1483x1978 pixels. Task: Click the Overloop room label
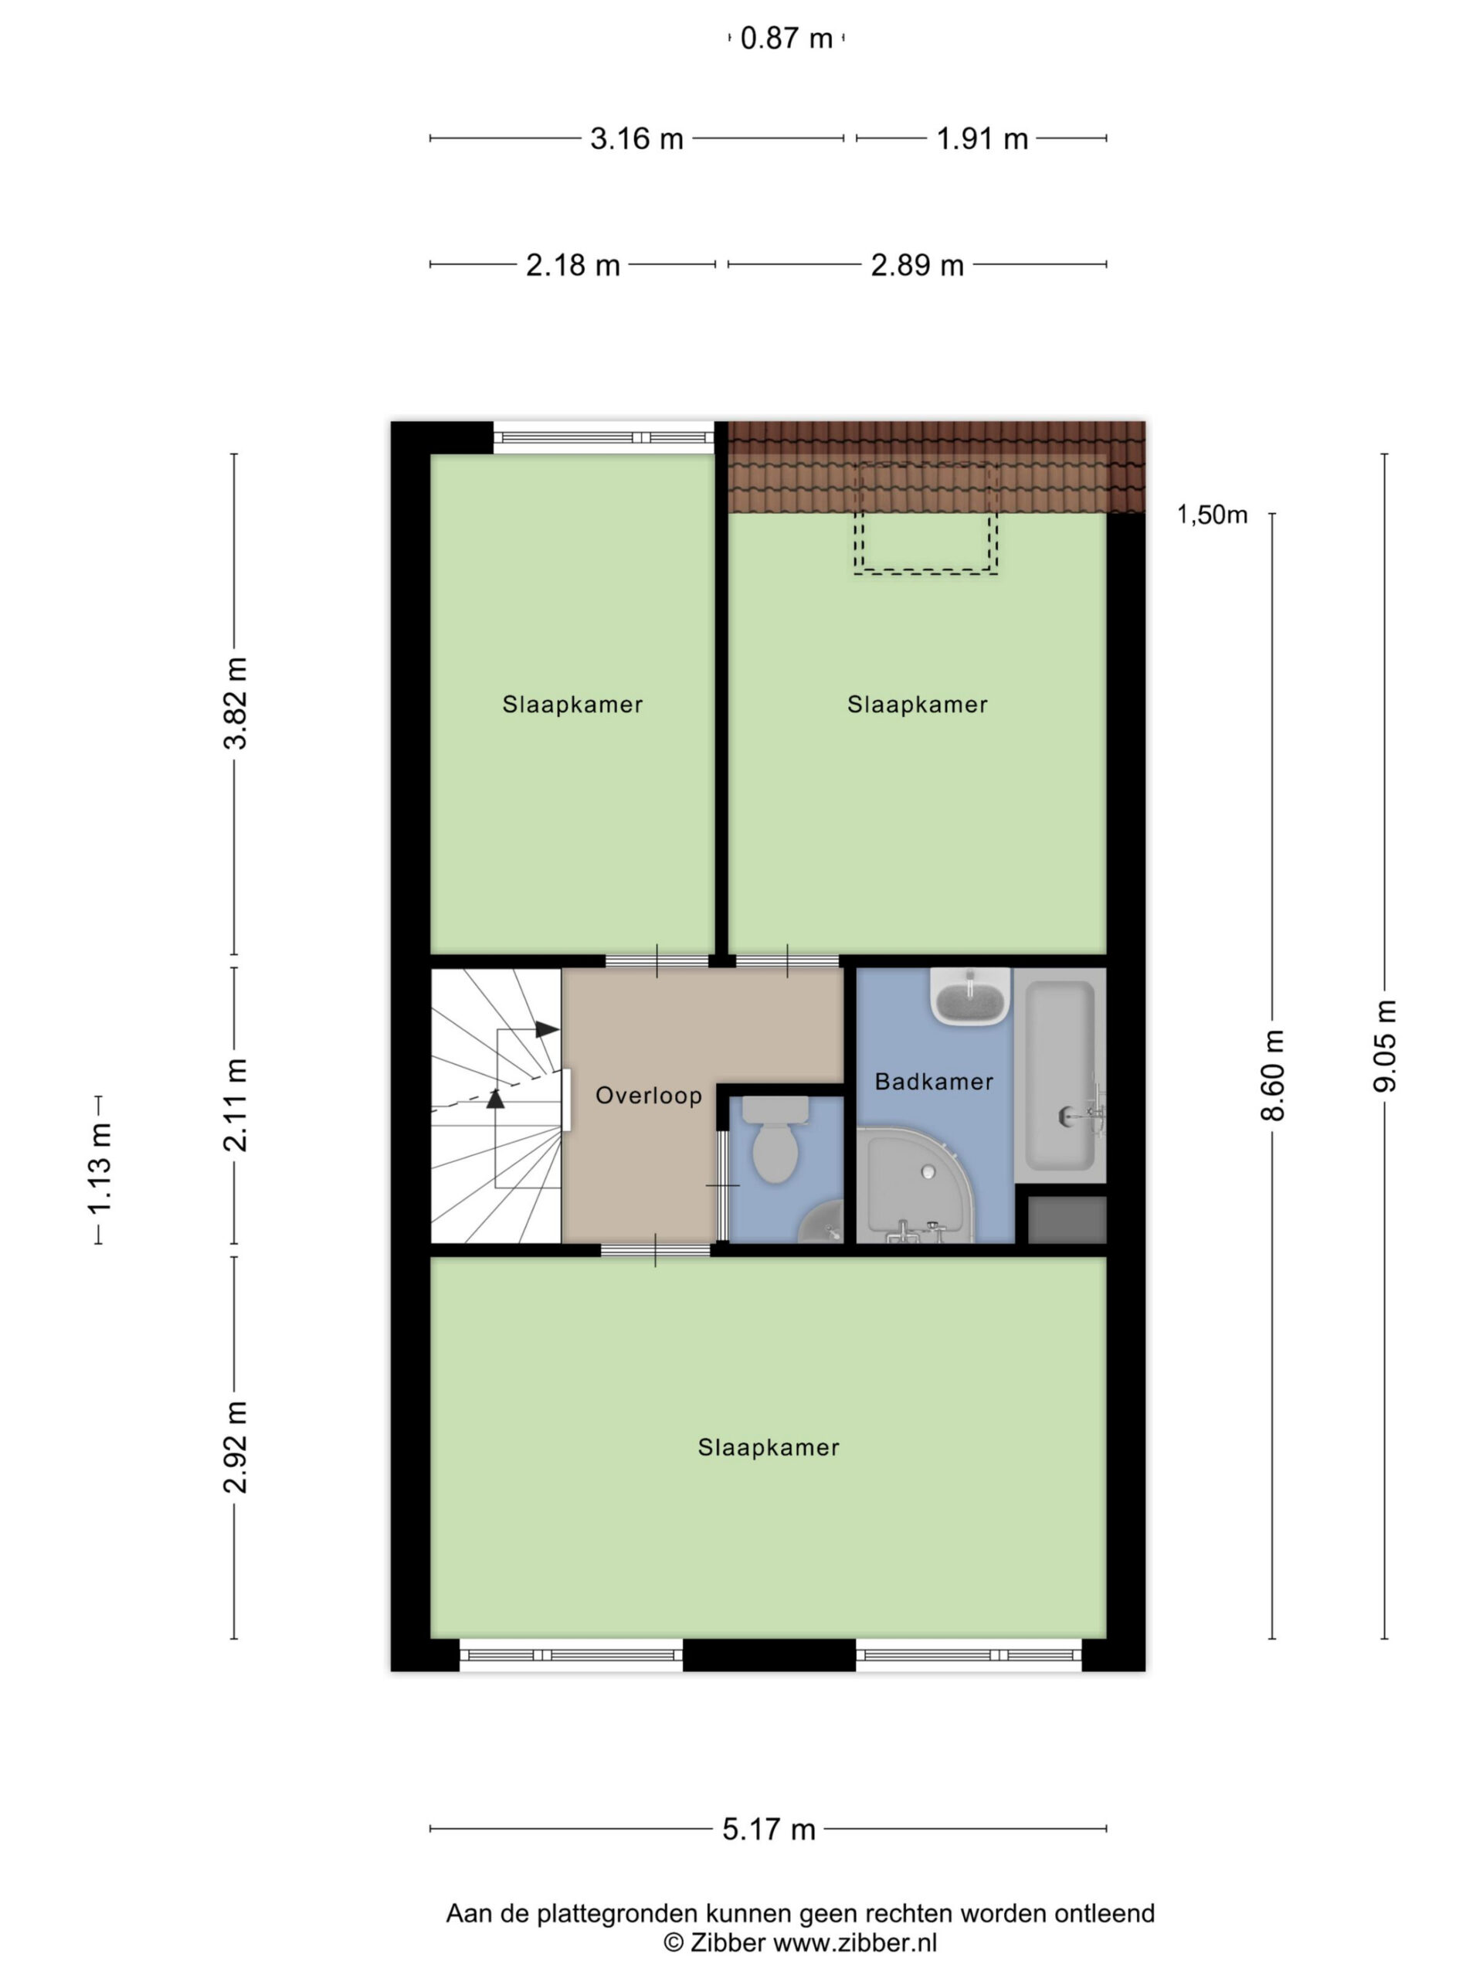[648, 1096]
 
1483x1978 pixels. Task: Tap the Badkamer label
[933, 1082]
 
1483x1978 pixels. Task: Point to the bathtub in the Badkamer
[1060, 1076]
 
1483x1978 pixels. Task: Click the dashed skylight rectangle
[925, 518]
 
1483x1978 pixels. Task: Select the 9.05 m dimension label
[1385, 1045]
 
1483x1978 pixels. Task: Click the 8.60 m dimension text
[1273, 1074]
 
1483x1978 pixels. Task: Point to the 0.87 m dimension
[786, 39]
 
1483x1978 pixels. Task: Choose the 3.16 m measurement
[636, 138]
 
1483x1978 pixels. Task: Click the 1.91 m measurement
[982, 138]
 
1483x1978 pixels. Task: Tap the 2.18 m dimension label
[573, 265]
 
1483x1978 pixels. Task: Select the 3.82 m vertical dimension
[235, 703]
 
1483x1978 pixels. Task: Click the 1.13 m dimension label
[98, 1169]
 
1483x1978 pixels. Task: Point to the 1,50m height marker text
[1211, 515]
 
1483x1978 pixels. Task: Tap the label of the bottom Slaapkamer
[769, 1447]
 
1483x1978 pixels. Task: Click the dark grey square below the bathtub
[1067, 1220]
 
